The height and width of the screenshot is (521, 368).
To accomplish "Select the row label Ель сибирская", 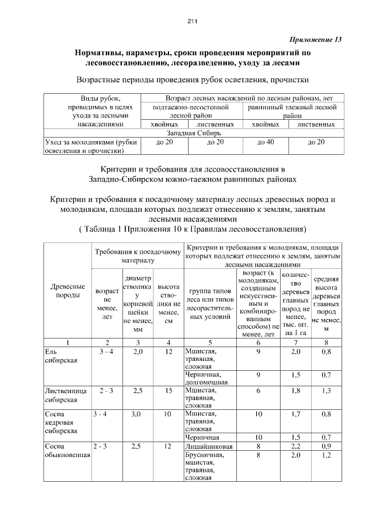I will click(x=59, y=355).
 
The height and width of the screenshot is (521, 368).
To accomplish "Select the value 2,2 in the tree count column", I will click(x=296, y=446).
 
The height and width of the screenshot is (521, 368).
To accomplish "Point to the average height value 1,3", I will click(x=326, y=391).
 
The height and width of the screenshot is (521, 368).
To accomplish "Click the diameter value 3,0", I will click(x=136, y=414).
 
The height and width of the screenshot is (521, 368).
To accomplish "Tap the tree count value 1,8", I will click(x=296, y=391).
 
